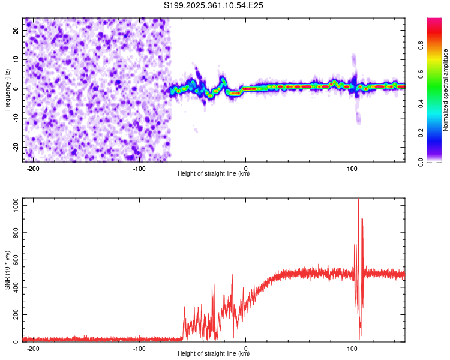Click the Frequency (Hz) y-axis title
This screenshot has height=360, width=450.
(x=8, y=89)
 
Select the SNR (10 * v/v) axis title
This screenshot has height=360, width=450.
(x=8, y=270)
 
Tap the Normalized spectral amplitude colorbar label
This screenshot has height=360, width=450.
(x=446, y=90)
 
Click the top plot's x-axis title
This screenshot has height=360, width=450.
(x=214, y=174)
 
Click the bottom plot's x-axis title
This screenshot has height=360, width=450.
(x=214, y=354)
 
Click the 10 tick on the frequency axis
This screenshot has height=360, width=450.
(x=17, y=59)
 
